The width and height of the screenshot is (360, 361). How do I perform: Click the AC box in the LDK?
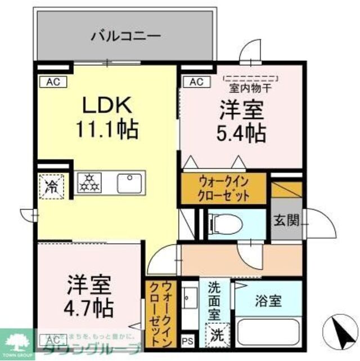tap(53, 82)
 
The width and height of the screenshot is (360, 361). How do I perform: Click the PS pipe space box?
tap(188, 341)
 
